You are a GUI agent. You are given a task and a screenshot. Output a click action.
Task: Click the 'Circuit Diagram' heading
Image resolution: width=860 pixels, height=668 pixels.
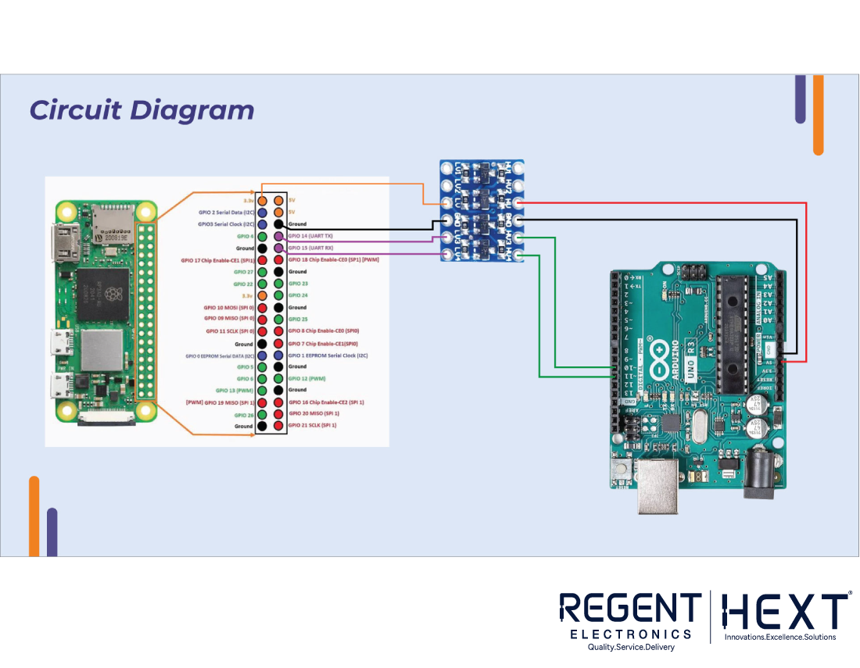(142, 110)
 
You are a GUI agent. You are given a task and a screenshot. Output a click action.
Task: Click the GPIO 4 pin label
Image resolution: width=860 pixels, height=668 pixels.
(245, 236)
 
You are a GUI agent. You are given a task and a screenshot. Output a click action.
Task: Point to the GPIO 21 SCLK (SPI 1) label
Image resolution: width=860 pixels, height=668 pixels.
(313, 425)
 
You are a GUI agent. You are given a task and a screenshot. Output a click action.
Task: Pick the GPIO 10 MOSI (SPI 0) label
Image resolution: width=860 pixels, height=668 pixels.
(228, 307)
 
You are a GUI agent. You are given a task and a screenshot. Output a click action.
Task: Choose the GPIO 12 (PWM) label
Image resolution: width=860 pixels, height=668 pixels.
(306, 378)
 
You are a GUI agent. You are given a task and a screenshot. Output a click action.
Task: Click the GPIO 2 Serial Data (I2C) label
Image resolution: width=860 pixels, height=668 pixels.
(226, 213)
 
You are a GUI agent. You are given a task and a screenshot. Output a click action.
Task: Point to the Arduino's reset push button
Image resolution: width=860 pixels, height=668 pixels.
(623, 470)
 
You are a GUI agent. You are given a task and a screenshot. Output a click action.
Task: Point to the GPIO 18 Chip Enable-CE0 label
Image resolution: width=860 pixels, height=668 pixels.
(333, 259)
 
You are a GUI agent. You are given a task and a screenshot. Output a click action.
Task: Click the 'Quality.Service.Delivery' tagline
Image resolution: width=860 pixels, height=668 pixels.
(630, 647)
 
